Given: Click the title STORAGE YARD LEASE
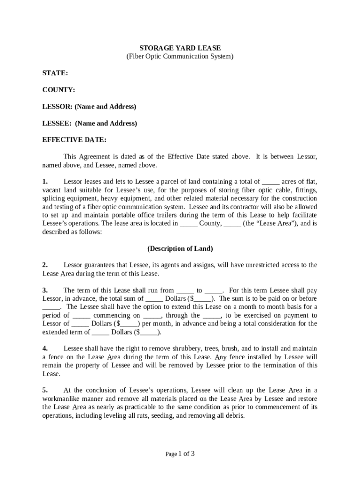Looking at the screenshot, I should pos(180,48).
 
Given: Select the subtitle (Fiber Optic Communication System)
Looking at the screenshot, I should pos(180,57).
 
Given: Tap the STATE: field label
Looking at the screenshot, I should pos(55,73).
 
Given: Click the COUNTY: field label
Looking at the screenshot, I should pos(59,90).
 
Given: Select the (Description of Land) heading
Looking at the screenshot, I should pos(180,248).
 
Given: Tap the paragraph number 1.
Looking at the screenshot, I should pos(45,181).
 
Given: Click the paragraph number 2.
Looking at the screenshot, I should pos(45,265).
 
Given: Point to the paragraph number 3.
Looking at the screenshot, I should pos(45,290).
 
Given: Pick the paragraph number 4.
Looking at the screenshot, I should pos(45,348).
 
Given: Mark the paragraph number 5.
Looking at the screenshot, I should pos(45,390).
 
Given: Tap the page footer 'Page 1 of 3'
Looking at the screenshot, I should pos(180,454).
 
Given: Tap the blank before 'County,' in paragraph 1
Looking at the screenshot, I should pos(188,224).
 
